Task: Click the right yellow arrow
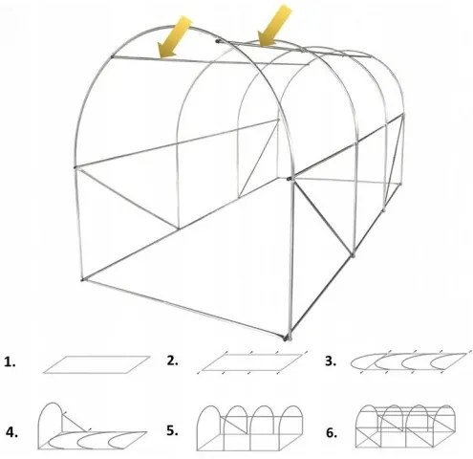pos(275,25)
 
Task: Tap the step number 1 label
pos(11,362)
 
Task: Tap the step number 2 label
pos(172,361)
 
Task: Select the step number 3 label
pos(331,361)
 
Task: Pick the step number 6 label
pos(331,431)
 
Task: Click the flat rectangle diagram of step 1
pos(96,363)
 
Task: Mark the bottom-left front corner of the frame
pos(83,279)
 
